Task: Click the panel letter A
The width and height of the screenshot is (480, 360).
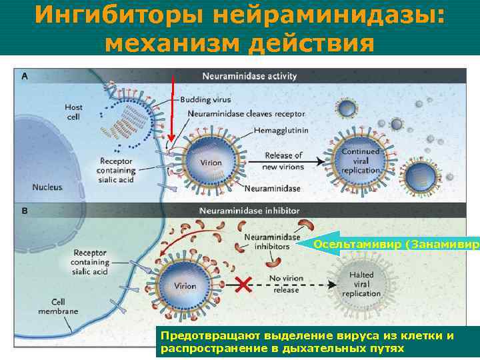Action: tap(25, 76)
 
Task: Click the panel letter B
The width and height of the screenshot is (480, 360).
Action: tap(25, 211)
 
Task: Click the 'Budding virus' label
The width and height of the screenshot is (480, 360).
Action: tap(205, 100)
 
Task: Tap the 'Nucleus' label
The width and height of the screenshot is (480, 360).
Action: tap(47, 187)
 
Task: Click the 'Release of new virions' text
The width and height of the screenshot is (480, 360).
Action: tap(283, 161)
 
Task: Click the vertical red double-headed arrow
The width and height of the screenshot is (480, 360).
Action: tap(173, 110)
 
